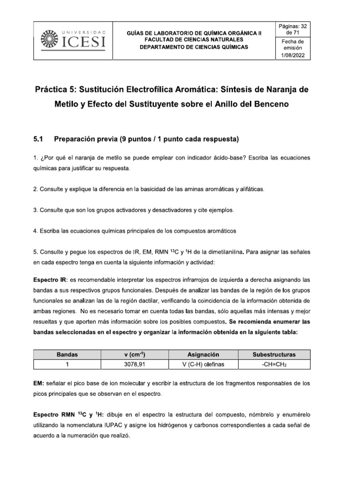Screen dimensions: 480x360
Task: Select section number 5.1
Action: pyautogui.click(x=38, y=139)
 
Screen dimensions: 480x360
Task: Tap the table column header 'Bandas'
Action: pyautogui.click(x=67, y=354)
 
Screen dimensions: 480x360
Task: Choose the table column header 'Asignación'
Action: pyautogui.click(x=203, y=354)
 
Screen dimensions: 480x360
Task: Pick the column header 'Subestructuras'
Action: pyautogui.click(x=274, y=354)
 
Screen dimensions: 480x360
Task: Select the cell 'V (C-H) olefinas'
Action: pyautogui.click(x=203, y=364)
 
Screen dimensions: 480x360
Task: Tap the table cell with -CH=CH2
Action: pyautogui.click(x=274, y=364)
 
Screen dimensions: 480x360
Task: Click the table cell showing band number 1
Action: pyautogui.click(x=67, y=364)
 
